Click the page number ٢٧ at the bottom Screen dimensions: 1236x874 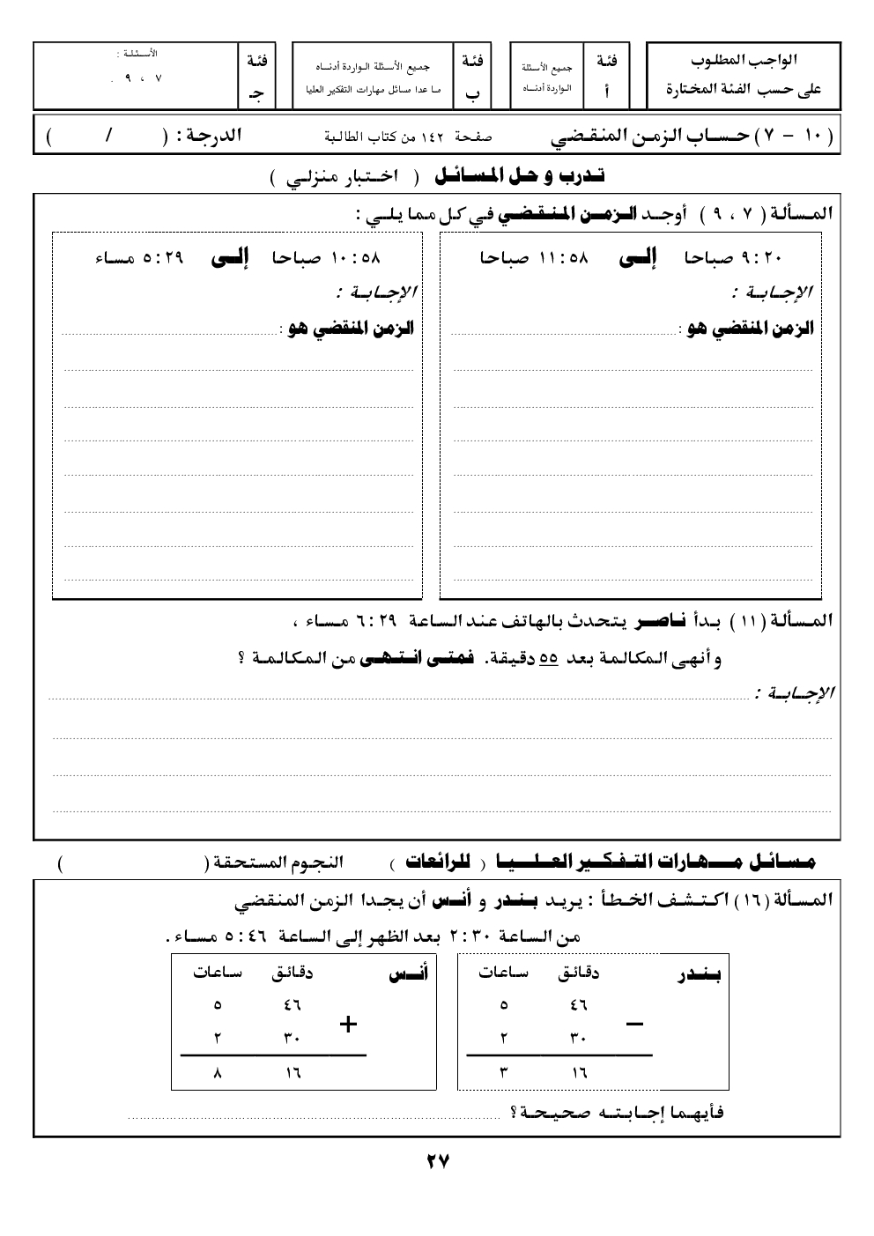click(x=438, y=1161)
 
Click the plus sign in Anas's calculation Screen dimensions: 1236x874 click(x=348, y=1024)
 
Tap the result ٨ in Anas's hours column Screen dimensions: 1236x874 click(x=218, y=1073)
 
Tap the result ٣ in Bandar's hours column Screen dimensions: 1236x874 click(x=503, y=1073)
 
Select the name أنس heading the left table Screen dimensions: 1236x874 click(x=409, y=974)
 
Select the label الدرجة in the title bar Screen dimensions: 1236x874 click(x=208, y=137)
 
